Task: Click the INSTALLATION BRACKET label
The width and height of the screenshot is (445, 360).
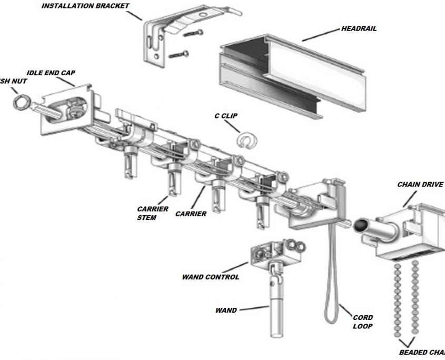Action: pyautogui.click(x=85, y=6)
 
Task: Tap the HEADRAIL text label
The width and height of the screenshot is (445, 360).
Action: pyautogui.click(x=359, y=29)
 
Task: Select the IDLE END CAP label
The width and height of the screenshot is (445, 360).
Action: pyautogui.click(x=51, y=73)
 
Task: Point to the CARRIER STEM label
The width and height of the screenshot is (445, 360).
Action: pyautogui.click(x=153, y=213)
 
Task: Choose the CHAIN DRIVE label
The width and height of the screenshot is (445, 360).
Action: pyautogui.click(x=420, y=185)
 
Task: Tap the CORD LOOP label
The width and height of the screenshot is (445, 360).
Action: pyautogui.click(x=363, y=322)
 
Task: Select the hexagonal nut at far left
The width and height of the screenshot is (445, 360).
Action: pyautogui.click(x=21, y=102)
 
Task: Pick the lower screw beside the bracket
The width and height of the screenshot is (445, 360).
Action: pyautogui.click(x=179, y=53)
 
